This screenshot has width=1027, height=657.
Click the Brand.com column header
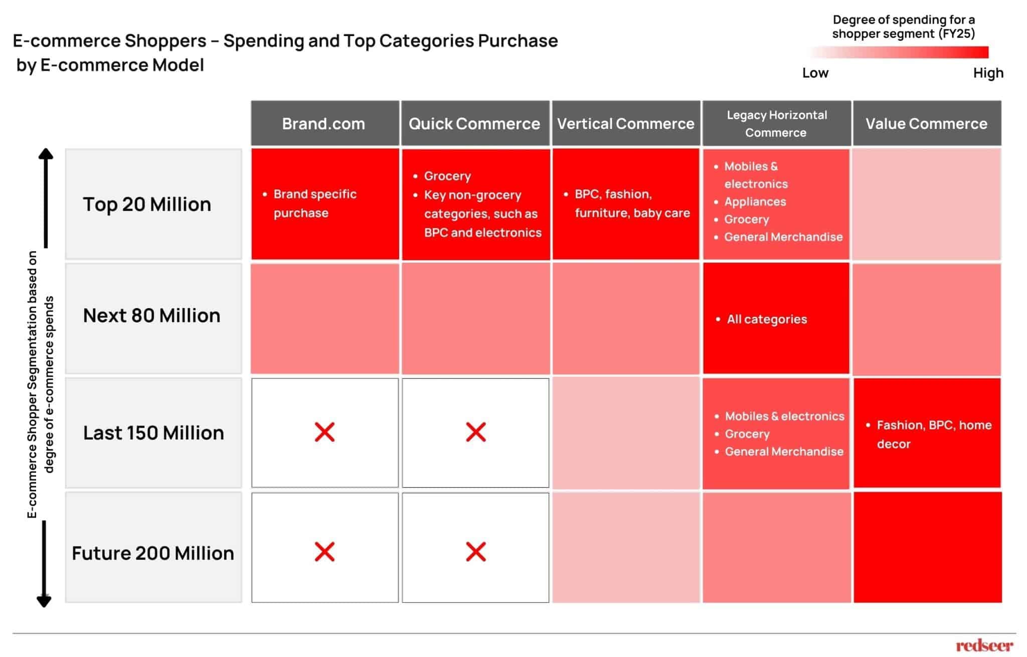point(324,124)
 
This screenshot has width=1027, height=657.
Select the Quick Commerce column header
point(474,124)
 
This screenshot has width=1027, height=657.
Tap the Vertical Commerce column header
point(625,124)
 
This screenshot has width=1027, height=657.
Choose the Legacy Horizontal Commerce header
point(776,124)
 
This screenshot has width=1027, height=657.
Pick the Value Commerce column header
point(926,124)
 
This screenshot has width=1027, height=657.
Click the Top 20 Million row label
point(147,204)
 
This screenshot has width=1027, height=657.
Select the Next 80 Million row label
point(151,316)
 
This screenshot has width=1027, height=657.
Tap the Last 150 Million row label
point(153,433)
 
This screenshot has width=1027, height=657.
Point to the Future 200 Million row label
point(153,553)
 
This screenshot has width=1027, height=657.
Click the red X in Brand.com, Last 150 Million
point(324,432)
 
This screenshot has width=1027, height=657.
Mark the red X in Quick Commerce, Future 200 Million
point(475,552)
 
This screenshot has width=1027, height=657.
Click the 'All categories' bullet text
point(767,319)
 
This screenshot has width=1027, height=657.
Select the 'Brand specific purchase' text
point(314,203)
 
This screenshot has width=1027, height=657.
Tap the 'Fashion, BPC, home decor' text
point(934,434)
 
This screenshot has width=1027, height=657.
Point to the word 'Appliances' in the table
point(755,202)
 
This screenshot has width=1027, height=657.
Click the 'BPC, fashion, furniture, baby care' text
point(632,203)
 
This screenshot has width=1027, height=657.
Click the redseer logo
point(984,645)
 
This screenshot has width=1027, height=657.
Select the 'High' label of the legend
point(988,73)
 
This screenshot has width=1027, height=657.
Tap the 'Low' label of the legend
point(815,73)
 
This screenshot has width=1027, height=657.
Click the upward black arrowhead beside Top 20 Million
point(46,154)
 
